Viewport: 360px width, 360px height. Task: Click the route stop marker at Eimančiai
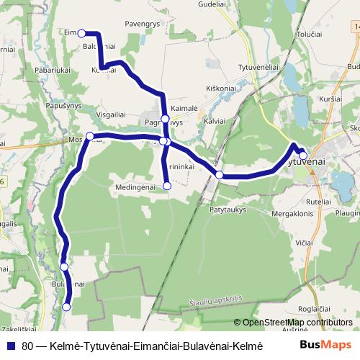pos(82,33)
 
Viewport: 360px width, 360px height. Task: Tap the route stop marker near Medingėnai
pos(167,186)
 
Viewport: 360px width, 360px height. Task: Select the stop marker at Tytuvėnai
pos(303,156)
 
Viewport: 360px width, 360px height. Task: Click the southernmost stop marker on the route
pos(66,307)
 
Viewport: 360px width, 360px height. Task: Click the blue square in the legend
pos(11,346)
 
